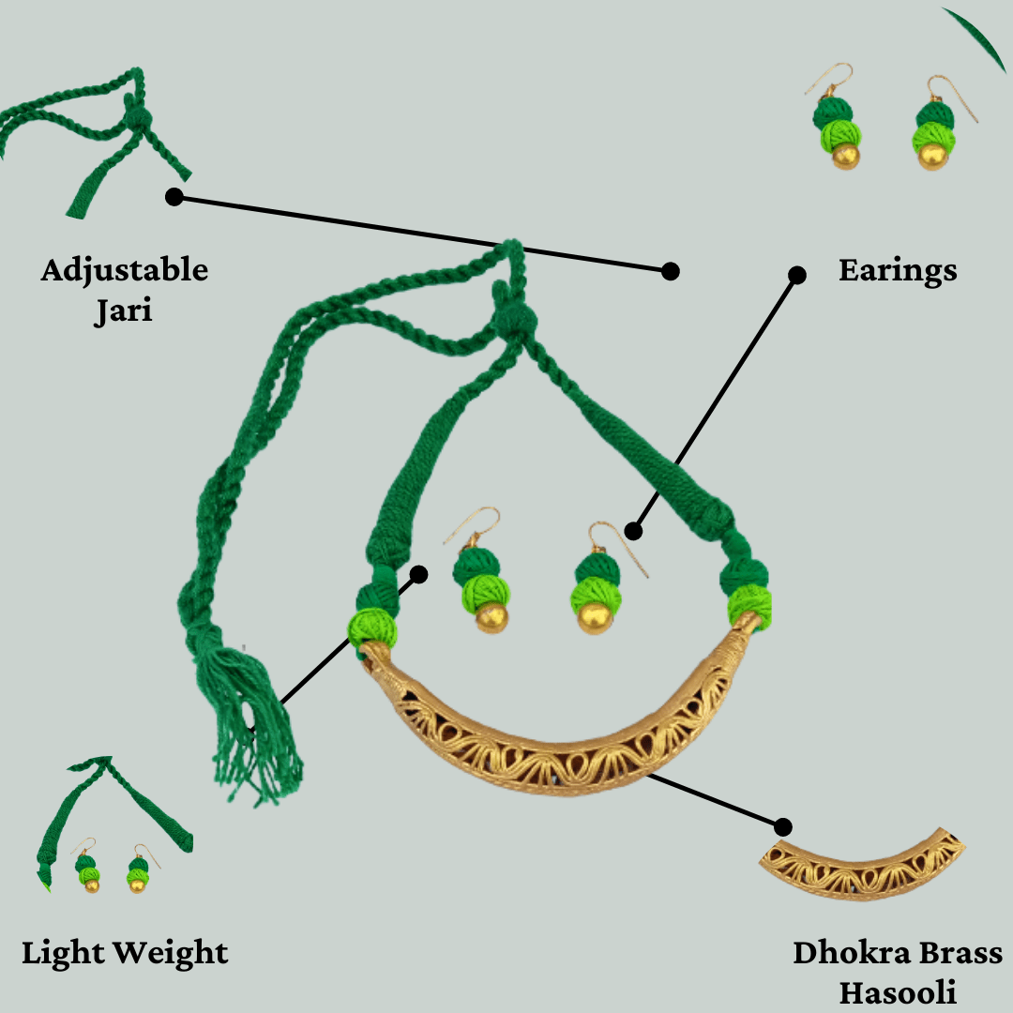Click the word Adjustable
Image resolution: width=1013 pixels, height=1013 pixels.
124,271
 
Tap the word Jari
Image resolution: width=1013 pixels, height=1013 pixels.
123,310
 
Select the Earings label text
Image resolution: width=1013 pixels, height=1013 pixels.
898,271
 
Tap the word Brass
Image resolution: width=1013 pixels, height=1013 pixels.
960,953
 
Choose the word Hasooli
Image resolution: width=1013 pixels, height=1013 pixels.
898,991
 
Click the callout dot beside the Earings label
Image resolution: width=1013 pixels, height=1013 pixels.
796,275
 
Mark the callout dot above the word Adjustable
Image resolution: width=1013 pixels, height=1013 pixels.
174,197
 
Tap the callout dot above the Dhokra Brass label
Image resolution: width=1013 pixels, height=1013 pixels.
782,826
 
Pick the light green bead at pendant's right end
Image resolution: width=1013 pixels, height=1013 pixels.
750,605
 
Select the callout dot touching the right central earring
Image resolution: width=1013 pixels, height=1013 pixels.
633,532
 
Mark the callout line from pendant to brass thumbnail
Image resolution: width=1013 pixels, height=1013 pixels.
713,800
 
